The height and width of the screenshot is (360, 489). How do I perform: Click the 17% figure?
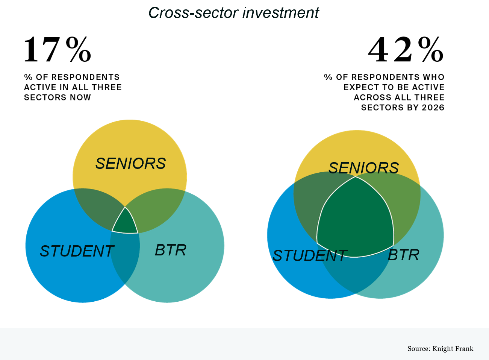[x=57, y=50]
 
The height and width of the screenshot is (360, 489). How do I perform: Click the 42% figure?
[x=406, y=50]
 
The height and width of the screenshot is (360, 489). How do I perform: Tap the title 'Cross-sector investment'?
[x=233, y=13]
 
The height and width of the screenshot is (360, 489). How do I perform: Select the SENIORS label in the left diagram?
[x=130, y=164]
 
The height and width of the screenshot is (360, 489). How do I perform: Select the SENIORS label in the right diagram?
[x=363, y=168]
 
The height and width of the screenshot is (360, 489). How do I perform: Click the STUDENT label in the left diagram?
[x=77, y=251]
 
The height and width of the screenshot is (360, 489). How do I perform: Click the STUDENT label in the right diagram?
[x=310, y=256]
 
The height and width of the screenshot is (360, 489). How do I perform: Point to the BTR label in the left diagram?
[x=171, y=250]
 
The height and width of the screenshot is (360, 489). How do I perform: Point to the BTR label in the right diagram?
[x=403, y=255]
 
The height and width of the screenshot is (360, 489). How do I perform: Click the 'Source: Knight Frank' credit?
[x=440, y=349]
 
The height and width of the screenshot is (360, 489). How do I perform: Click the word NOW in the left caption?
[x=80, y=97]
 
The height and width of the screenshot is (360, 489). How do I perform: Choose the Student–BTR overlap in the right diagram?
[x=355, y=275]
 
